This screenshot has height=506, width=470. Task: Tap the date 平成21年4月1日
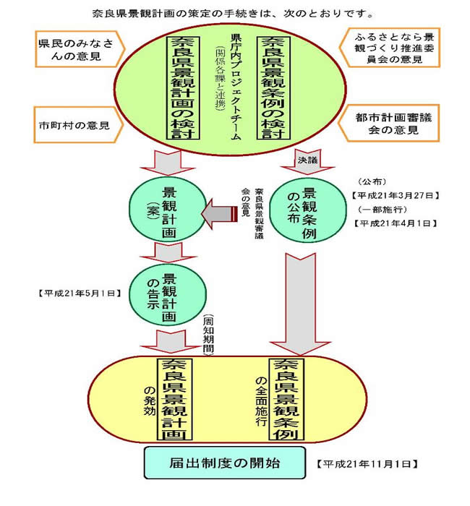(x=393, y=223)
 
